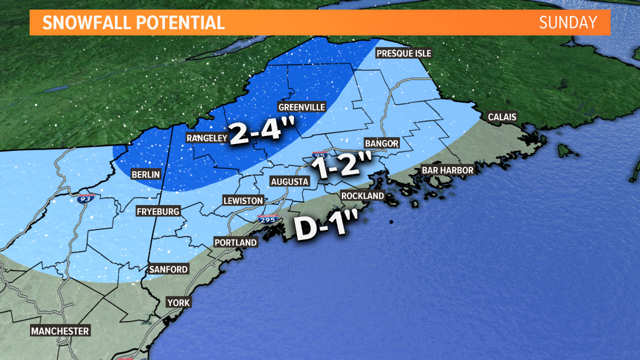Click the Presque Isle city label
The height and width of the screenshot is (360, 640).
[403, 53]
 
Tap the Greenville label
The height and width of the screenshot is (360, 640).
[301, 107]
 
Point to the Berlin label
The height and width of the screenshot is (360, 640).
[145, 174]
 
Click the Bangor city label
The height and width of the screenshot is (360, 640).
[381, 143]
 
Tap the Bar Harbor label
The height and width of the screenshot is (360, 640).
[447, 170]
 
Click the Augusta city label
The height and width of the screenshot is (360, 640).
[289, 181]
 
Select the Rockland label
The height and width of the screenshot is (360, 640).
[362, 195]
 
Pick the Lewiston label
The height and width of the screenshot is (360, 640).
[243, 200]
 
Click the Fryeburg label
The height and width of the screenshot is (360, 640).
[158, 211]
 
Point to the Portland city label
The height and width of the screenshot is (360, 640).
[235, 242]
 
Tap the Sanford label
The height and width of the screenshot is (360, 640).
[168, 269]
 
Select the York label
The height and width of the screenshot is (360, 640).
[178, 302]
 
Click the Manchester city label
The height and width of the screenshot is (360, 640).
[60, 331]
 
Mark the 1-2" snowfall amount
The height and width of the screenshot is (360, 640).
[341, 164]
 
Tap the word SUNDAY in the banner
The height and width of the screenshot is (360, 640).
[568, 22]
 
